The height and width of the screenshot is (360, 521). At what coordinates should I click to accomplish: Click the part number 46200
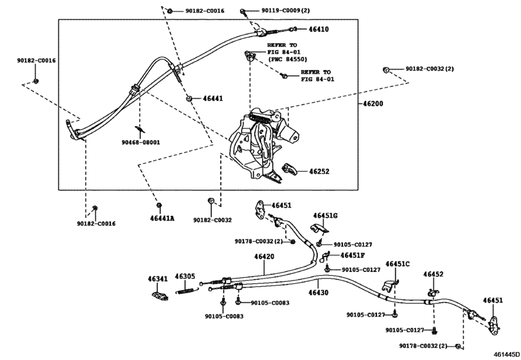(373, 104)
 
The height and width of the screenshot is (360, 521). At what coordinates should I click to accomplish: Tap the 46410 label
(319, 30)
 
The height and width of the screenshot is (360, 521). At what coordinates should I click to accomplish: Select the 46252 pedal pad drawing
(288, 169)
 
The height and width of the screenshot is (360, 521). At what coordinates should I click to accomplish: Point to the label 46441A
(162, 219)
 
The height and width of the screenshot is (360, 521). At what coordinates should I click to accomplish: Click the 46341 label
(158, 279)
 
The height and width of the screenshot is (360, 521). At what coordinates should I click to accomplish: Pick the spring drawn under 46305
(187, 291)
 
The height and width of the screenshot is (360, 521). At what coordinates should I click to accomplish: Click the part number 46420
(265, 256)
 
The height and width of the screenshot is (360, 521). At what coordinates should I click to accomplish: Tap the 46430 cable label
(318, 292)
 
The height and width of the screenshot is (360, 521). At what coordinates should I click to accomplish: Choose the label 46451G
(325, 216)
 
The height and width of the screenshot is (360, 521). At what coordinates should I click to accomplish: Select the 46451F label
(353, 255)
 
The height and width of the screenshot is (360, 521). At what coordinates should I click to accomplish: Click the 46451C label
(398, 264)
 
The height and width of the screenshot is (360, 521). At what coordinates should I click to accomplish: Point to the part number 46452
(433, 274)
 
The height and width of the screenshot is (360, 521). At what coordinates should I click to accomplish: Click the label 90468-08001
(141, 142)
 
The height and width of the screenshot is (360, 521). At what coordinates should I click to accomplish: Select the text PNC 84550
(289, 60)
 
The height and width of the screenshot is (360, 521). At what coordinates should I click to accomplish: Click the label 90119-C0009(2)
(285, 11)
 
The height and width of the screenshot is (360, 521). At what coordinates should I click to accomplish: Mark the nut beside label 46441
(189, 98)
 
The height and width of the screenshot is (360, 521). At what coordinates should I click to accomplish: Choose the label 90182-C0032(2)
(430, 69)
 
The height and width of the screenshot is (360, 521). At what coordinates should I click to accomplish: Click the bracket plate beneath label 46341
(159, 296)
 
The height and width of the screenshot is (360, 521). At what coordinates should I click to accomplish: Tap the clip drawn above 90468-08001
(140, 130)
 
